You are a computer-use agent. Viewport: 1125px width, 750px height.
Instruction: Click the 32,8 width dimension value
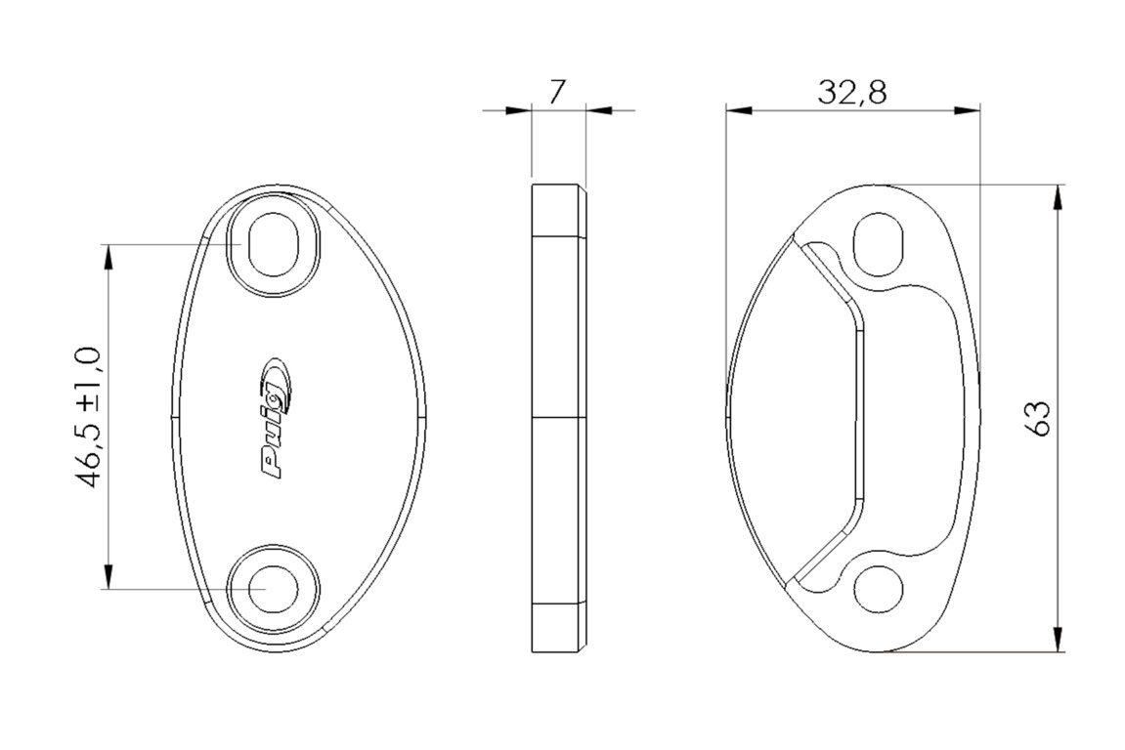[851, 93]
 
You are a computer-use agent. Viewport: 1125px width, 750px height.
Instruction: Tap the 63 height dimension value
[1037, 417]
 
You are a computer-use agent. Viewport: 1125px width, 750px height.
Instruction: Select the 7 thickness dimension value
[557, 93]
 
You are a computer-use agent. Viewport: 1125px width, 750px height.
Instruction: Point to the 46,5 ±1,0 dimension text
[90, 417]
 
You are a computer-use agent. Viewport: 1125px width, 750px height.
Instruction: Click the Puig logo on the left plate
[277, 417]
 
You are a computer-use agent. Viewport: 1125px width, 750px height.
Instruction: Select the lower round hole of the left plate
[274, 588]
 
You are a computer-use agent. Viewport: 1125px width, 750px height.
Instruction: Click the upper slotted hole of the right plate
[879, 244]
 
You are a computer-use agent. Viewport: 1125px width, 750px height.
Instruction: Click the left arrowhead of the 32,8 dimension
[738, 110]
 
